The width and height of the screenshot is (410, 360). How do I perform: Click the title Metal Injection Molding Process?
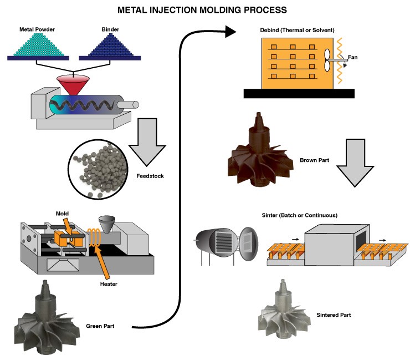[x=205, y=9]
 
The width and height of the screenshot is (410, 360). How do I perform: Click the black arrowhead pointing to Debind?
[x=231, y=32]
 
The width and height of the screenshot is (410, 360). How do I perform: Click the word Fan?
[x=352, y=57]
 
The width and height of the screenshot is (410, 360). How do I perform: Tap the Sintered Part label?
[x=334, y=315]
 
